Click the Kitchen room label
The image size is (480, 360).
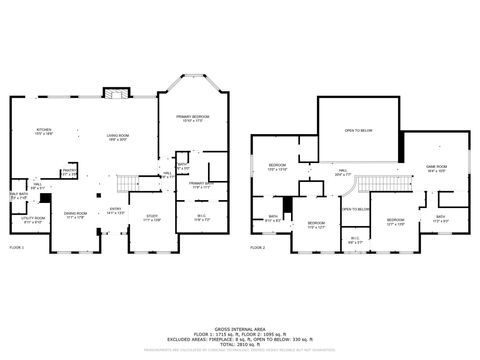pos(43,132)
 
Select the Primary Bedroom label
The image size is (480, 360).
pos(197,119)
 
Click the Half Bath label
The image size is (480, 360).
pos(18,196)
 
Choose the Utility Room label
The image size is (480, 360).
pos(33,220)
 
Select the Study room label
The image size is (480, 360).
pos(152,218)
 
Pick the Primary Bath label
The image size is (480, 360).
pos(200,185)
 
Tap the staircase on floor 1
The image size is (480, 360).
pos(127,184)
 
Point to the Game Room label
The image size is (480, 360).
pos(436,168)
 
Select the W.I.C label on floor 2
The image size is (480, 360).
pos(355,239)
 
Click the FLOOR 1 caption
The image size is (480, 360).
pos(17,246)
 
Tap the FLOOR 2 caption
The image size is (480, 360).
pos(257,246)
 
